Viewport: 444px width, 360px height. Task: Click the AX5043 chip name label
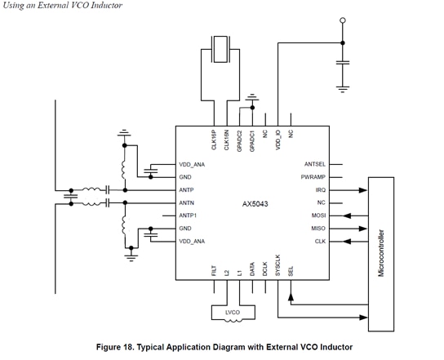254,202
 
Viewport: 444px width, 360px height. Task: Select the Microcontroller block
380,253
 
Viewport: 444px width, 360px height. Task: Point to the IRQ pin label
320,189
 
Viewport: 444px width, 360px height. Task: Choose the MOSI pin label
318,216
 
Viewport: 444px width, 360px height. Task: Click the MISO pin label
318,229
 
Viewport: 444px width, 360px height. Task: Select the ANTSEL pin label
315,164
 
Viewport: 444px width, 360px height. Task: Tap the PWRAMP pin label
314,176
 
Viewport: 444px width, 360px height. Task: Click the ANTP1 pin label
189,216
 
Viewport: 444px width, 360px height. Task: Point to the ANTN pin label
187,202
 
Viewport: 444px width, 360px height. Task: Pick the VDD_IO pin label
278,140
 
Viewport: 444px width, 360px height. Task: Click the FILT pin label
214,270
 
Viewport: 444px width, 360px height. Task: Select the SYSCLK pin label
278,266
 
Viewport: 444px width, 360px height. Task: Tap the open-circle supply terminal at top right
343,20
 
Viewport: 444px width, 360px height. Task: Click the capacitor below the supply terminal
343,61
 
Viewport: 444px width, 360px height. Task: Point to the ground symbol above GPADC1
252,98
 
